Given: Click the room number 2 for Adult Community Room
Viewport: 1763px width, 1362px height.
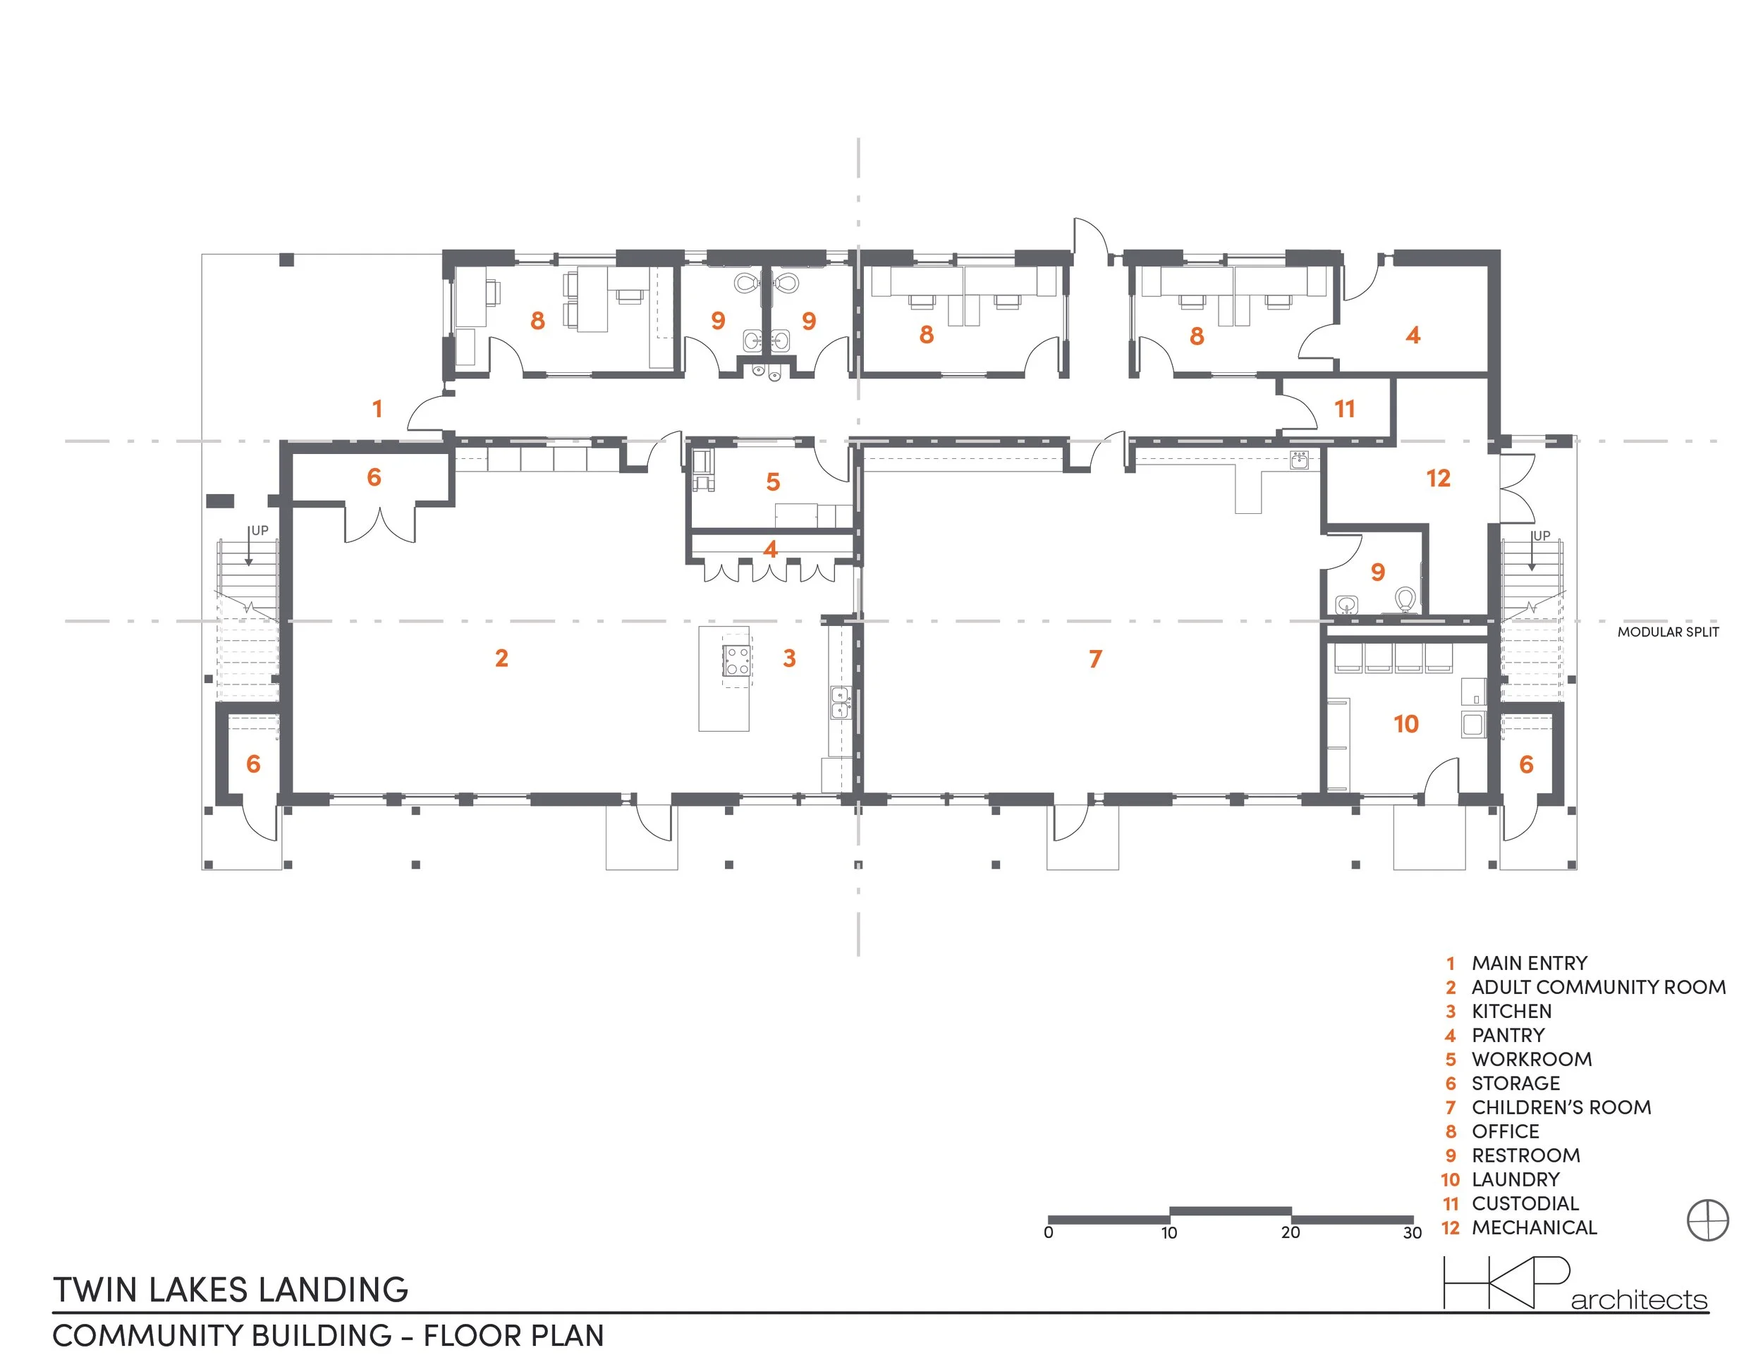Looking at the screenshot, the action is tap(501, 658).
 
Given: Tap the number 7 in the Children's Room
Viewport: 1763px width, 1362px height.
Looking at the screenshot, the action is tap(1094, 659).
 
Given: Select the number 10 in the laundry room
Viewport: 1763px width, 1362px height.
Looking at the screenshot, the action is tap(1405, 724).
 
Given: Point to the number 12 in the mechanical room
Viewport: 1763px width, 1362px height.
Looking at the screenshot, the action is tap(1438, 479).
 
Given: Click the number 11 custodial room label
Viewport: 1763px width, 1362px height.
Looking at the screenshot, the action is tap(1344, 409).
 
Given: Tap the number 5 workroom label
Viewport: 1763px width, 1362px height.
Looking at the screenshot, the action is tap(772, 482).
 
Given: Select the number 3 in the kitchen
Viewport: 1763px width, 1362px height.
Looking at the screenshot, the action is tap(790, 658).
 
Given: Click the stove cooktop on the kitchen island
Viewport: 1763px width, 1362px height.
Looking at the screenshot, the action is tap(737, 660).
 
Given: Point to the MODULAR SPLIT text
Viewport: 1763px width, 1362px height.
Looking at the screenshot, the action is tap(1668, 632).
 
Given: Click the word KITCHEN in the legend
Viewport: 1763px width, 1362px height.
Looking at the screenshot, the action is tap(1511, 1012).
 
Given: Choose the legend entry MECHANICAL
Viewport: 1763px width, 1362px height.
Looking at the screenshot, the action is tap(1534, 1228).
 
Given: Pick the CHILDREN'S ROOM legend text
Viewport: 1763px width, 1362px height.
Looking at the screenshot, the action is tap(1561, 1108).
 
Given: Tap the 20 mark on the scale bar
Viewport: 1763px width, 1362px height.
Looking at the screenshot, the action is tap(1290, 1233).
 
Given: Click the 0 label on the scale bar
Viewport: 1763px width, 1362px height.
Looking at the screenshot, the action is tap(1048, 1233).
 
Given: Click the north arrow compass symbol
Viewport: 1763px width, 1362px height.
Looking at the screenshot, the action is tap(1708, 1220).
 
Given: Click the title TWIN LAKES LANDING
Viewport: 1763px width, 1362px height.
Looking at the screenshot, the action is tap(231, 1290).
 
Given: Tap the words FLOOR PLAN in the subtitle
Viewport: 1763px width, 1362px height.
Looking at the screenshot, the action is tap(513, 1336).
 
